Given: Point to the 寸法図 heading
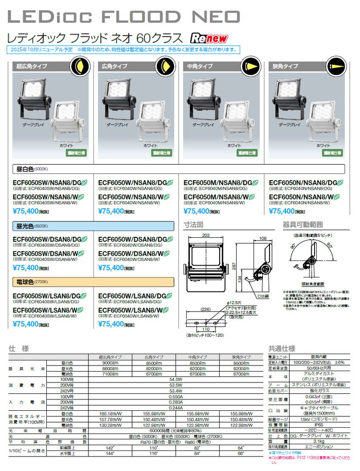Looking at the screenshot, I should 194,225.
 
